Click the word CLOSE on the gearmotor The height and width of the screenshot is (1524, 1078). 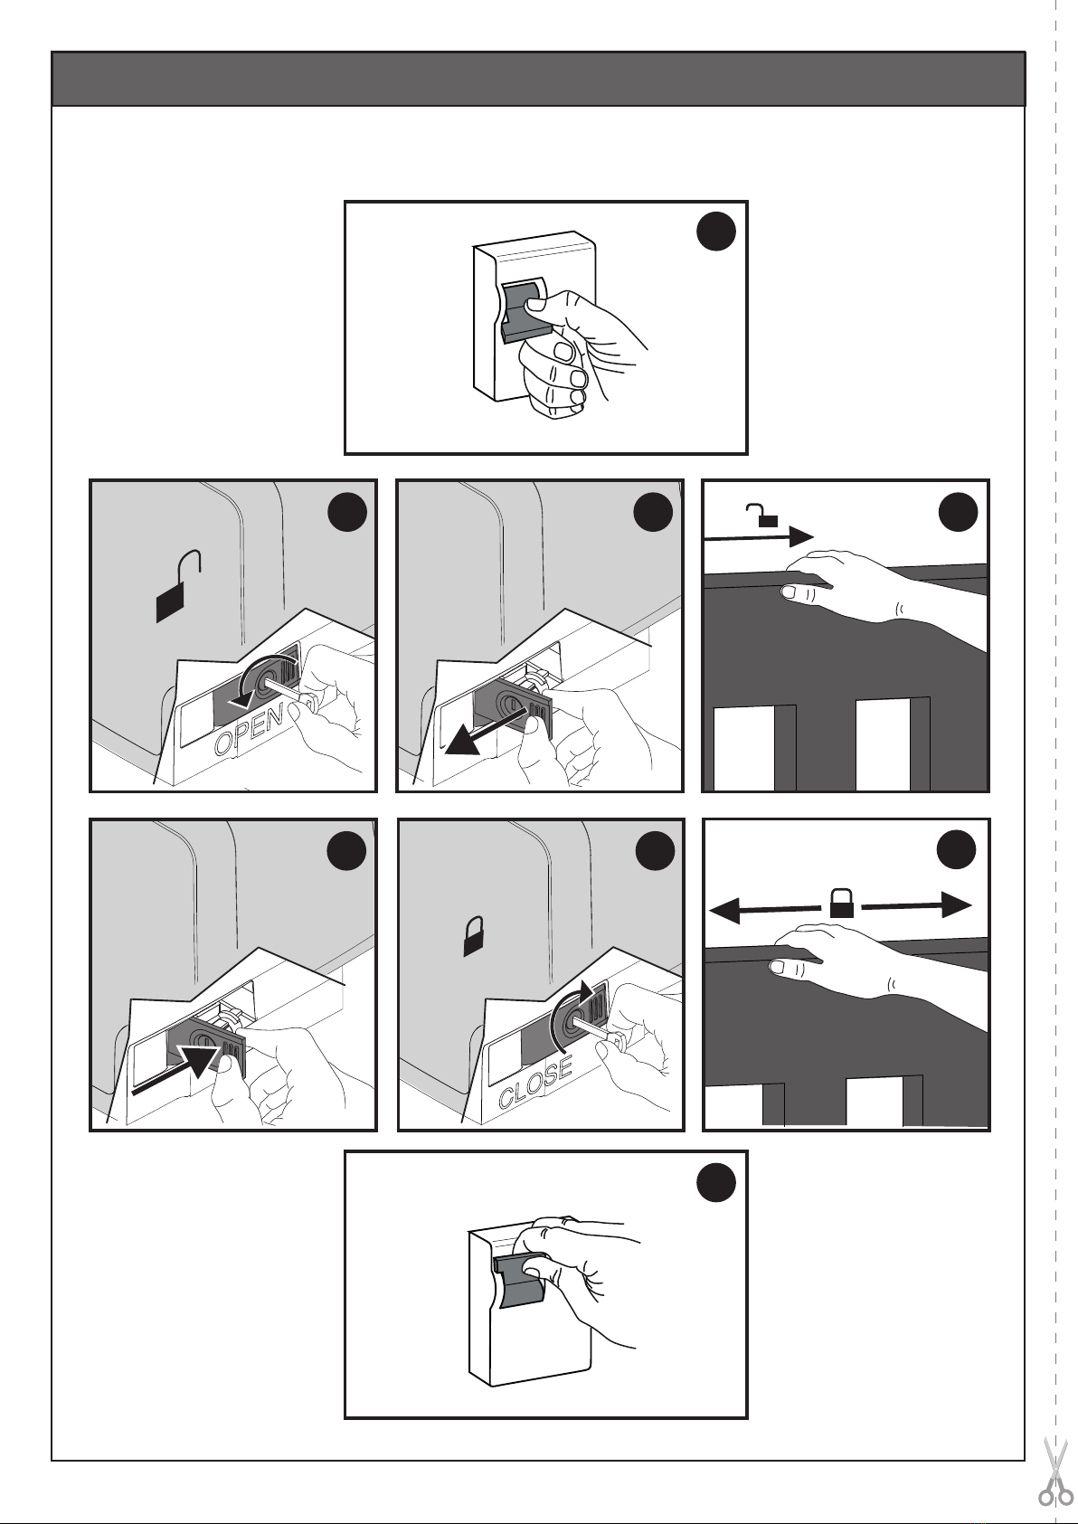click(x=535, y=1083)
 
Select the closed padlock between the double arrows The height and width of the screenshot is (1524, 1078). click(x=843, y=904)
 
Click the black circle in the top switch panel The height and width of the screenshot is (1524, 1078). click(x=715, y=232)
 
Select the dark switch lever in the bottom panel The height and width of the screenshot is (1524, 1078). click(x=519, y=1282)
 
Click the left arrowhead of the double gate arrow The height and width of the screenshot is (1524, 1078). click(x=723, y=910)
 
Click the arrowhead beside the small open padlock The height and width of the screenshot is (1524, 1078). click(x=800, y=537)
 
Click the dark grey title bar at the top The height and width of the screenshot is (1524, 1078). click(x=538, y=79)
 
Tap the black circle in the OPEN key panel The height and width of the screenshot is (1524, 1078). click(x=348, y=512)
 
